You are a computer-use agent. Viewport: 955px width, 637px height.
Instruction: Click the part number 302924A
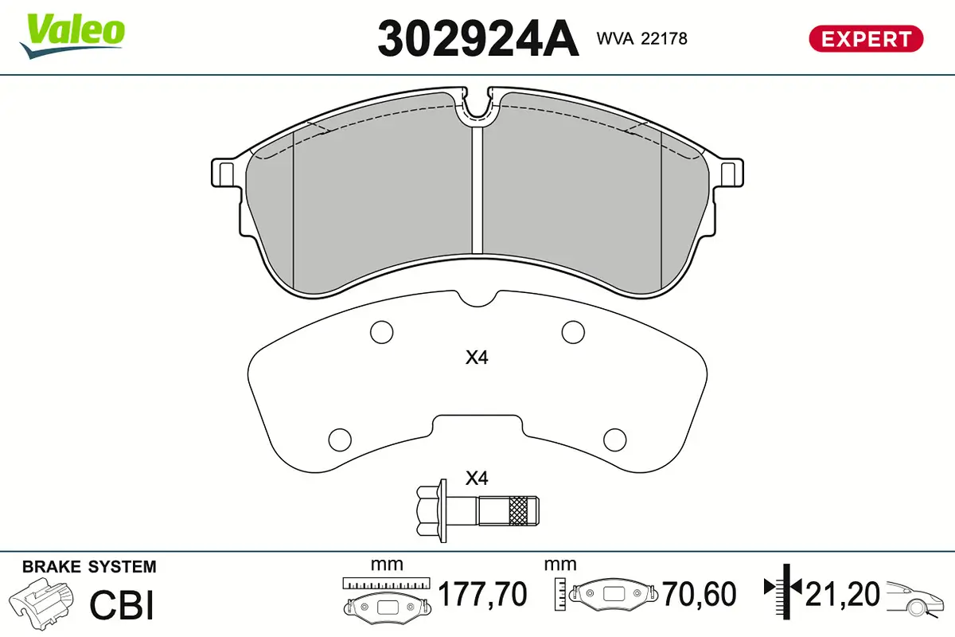pos(477,38)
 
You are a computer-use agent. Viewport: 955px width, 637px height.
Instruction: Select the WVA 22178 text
pos(641,38)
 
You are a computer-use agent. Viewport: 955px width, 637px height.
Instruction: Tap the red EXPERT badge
pos(866,38)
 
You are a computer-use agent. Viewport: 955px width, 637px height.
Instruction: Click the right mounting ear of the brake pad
pos(730,172)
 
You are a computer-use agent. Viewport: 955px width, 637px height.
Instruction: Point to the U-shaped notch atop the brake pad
pos(477,106)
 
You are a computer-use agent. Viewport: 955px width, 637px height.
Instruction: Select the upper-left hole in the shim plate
pos(381,331)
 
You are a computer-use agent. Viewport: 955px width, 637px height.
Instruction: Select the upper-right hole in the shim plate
pos(573,331)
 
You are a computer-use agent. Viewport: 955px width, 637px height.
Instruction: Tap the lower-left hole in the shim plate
pos(340,438)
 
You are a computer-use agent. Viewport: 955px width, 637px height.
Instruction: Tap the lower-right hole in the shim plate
pos(615,438)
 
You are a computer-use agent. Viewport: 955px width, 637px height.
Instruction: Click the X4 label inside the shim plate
pos(476,358)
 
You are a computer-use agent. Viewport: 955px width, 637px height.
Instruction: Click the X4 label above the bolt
pos(476,479)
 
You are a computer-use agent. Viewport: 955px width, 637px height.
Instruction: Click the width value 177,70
pos(483,594)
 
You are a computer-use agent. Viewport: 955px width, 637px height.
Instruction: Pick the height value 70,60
pos(700,594)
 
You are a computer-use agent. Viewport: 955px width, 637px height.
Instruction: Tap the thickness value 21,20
pos(843,594)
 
